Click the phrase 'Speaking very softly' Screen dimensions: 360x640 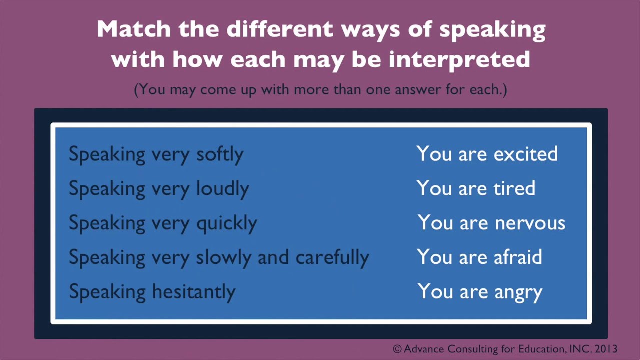click(156, 154)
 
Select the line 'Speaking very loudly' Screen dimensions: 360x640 click(158, 189)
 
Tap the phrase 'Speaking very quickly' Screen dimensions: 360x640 click(162, 223)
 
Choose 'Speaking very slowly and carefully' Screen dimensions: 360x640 click(218, 258)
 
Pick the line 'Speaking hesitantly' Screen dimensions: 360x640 click(152, 292)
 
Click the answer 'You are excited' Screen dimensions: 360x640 click(487, 154)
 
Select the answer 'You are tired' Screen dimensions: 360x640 click(475, 188)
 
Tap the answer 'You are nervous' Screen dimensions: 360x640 click(491, 223)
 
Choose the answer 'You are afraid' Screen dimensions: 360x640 click(479, 257)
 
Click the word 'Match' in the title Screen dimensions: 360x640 click(133, 29)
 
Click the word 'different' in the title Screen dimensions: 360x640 click(281, 29)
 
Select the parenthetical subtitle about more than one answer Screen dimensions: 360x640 click(320, 90)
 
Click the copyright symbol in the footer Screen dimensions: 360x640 click(397, 349)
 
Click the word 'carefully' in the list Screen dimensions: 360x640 click(332, 258)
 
